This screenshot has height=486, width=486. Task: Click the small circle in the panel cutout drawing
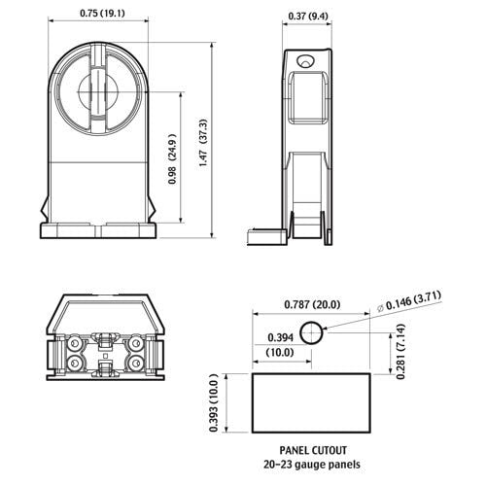click(311, 332)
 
